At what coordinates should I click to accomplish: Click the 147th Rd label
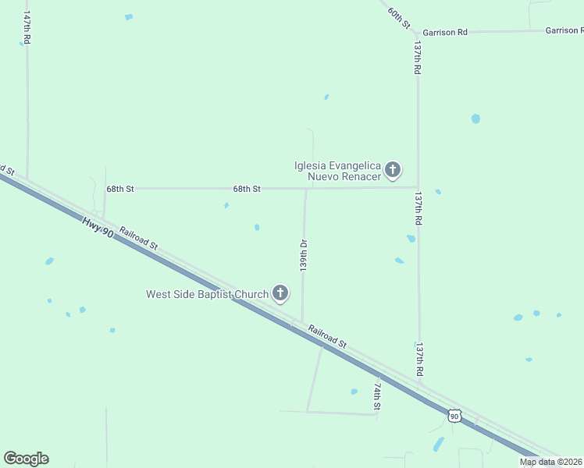click(27, 28)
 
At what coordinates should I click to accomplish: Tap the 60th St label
click(399, 16)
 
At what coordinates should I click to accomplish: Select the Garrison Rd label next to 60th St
click(445, 32)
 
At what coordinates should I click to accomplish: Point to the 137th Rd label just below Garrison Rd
click(418, 58)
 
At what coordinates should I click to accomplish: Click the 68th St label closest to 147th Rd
click(121, 189)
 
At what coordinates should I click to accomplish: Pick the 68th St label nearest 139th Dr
click(246, 189)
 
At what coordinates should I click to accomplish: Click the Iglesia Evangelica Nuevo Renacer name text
click(337, 171)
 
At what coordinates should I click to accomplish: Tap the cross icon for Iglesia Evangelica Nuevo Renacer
click(393, 169)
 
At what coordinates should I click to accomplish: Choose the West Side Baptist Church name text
click(207, 294)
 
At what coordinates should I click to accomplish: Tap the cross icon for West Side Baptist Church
click(280, 294)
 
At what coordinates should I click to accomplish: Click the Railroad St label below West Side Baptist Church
click(327, 335)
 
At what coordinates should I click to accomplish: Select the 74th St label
click(377, 396)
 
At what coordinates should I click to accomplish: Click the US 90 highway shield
click(454, 417)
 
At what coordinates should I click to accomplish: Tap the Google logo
click(26, 459)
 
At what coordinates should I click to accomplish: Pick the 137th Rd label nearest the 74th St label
click(419, 360)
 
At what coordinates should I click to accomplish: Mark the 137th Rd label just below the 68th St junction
click(418, 209)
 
